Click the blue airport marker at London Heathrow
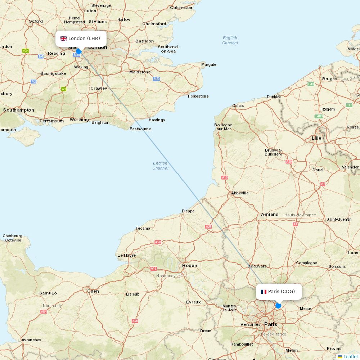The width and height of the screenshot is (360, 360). pos(79,51)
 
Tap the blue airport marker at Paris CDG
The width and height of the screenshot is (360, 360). pos(278,306)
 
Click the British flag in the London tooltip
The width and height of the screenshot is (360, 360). pos(63,39)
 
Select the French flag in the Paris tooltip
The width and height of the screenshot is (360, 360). pos(264,292)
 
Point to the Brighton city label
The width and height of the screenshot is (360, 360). pos(100,122)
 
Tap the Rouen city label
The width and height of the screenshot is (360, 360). pos(190,266)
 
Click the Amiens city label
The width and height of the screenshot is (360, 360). pos(270,215)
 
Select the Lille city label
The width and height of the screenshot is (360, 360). pos(316,138)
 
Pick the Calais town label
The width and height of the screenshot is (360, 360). pos(238,105)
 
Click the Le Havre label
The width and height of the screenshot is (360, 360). pos(127,255)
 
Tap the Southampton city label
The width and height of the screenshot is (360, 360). pos(19,110)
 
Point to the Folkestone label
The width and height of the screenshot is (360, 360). pos(198,96)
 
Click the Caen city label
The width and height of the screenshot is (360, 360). pos(93,291)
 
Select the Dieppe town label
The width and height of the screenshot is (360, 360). pos(188,211)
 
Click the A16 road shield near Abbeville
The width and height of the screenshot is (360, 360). pos(225,177)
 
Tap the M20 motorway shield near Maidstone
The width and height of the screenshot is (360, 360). pos(156,79)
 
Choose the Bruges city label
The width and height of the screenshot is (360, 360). pos(330,79)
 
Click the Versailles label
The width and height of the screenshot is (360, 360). pos(251,324)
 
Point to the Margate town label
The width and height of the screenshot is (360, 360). pos(209,65)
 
